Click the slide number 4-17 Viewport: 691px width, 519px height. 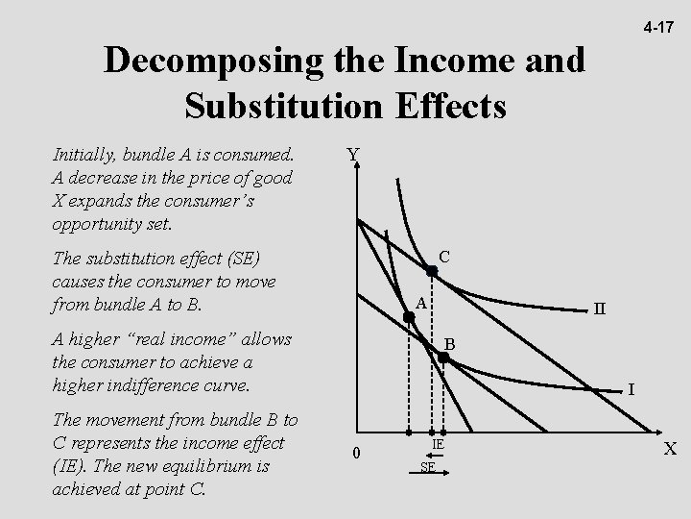pos(658,29)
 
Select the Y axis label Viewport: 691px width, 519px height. pos(353,155)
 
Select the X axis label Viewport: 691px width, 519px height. pos(671,449)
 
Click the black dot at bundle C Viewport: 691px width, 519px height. pos(432,272)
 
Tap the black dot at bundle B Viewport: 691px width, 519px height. pos(443,358)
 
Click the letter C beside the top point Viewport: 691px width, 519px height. pos(444,257)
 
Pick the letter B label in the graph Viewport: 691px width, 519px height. pos(448,343)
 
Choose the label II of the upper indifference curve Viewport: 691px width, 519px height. pos(600,309)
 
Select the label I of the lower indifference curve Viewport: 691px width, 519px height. pos(631,390)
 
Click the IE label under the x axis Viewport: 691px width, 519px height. pos(437,445)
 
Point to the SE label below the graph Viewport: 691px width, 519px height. pos(428,467)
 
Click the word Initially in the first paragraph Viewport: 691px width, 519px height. pos(84,155)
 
